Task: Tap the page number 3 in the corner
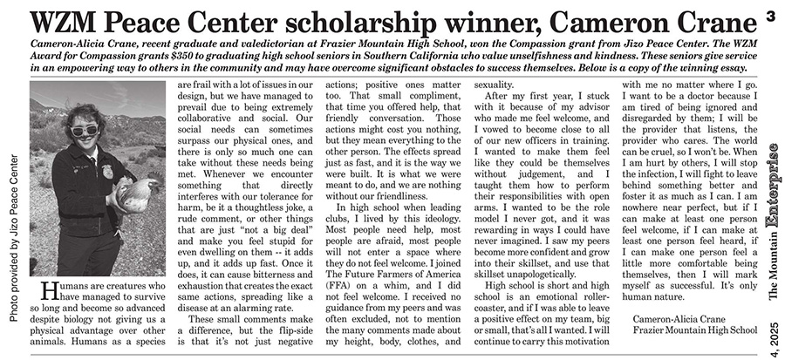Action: click(772, 15)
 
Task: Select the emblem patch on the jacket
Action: click(106, 171)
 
